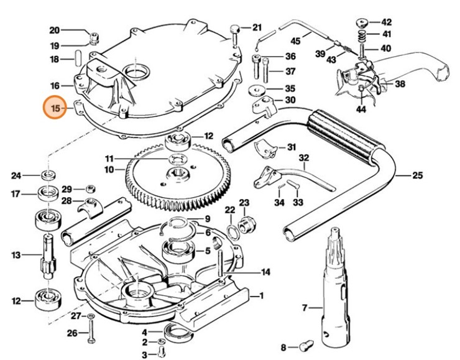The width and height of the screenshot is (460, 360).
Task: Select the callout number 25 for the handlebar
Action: pyautogui.click(x=417, y=176)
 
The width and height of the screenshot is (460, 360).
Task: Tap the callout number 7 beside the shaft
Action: pyautogui.click(x=305, y=308)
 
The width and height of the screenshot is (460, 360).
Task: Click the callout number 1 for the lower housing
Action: pyautogui.click(x=261, y=295)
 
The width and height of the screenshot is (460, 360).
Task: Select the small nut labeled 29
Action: pyautogui.click(x=91, y=188)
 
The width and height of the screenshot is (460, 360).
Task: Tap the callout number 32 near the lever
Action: pyautogui.click(x=304, y=159)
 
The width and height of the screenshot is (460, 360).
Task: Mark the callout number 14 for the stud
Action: pyautogui.click(x=266, y=272)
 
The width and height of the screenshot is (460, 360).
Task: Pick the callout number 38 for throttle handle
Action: pyautogui.click(x=400, y=83)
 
